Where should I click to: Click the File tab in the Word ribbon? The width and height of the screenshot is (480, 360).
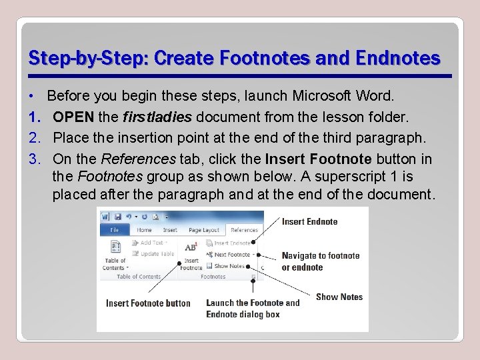[x=114, y=230]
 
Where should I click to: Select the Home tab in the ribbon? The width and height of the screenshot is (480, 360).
[x=144, y=230]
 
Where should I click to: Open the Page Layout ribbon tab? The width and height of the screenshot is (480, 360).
[x=203, y=230]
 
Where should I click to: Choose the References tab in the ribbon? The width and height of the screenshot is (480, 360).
[x=244, y=230]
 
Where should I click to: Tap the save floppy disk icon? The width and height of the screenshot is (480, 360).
[x=117, y=217]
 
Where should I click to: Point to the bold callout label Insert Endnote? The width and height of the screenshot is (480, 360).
[x=309, y=221]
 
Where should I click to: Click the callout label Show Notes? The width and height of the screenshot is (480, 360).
[x=339, y=297]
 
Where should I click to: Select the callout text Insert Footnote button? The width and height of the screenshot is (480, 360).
[x=148, y=303]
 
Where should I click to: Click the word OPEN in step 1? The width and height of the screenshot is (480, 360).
[x=73, y=117]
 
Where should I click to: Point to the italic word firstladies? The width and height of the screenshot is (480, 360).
[x=157, y=117]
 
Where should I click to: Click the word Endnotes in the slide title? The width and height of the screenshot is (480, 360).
[x=398, y=58]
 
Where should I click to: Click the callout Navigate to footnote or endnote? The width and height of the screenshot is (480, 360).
[x=320, y=261]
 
